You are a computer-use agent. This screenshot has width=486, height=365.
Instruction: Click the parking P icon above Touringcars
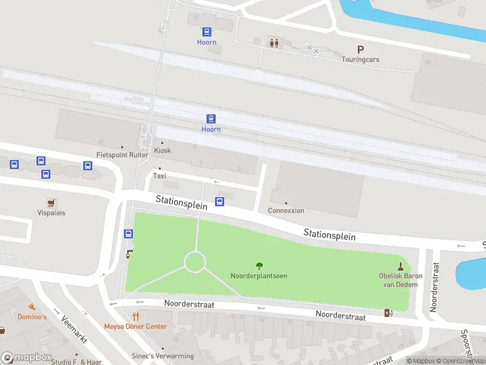coord(360,50)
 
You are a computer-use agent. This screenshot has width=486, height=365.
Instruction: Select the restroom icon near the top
coord(274,43)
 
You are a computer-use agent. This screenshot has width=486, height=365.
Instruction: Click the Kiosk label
coord(162,150)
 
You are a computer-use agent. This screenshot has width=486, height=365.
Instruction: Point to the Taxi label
coord(159,176)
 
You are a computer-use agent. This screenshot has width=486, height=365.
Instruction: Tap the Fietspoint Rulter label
coord(122,155)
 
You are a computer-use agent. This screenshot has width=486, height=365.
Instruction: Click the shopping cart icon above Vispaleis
coord(51,202)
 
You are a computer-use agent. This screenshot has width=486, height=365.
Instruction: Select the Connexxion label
coord(286,210)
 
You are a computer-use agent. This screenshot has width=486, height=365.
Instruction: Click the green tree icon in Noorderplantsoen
coord(259,265)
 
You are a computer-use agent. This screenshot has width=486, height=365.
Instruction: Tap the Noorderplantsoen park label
coord(259,276)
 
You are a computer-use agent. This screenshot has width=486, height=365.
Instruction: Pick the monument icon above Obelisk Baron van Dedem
coord(400,265)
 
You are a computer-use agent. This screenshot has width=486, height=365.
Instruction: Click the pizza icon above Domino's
coord(31,307)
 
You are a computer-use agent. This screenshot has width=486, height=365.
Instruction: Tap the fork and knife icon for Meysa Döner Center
coord(135,316)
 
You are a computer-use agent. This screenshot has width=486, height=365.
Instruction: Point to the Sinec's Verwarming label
coord(163,356)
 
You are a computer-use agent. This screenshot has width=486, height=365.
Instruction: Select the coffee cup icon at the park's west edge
coord(129,254)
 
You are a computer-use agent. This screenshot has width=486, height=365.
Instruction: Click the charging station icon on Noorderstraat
coord(389,313)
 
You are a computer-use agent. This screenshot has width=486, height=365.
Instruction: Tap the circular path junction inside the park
coord(195,262)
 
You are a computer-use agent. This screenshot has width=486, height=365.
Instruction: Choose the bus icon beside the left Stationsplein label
coord(220,201)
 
